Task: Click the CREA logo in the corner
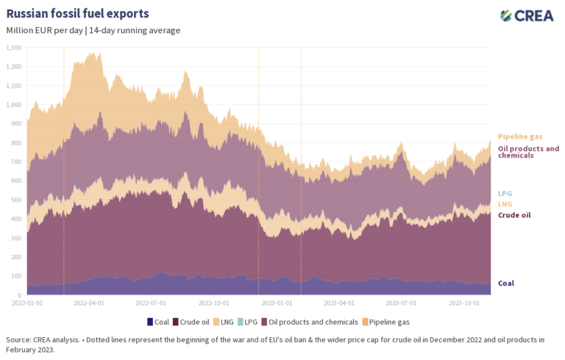(527, 15)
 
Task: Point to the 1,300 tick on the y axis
(14, 48)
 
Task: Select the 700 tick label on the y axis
(15, 162)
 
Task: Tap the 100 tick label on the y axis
(15, 276)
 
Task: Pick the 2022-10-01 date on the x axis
(215, 302)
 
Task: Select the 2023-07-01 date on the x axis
(402, 302)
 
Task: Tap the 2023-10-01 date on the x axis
(465, 302)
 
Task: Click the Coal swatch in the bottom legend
(151, 322)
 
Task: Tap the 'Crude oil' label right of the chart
(514, 215)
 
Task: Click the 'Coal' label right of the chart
(506, 283)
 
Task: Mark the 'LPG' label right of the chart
(505, 194)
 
